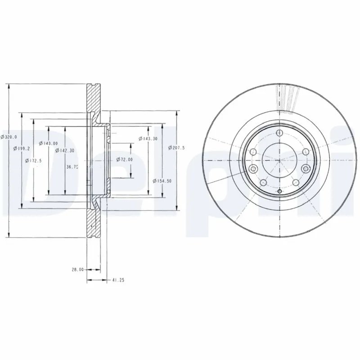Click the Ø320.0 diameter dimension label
[x=9, y=137]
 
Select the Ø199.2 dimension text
[x=22, y=148]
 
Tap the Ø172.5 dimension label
[x=34, y=160]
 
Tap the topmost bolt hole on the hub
[x=279, y=133]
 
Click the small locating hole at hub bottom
[x=279, y=192]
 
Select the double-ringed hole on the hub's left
[x=252, y=169]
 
